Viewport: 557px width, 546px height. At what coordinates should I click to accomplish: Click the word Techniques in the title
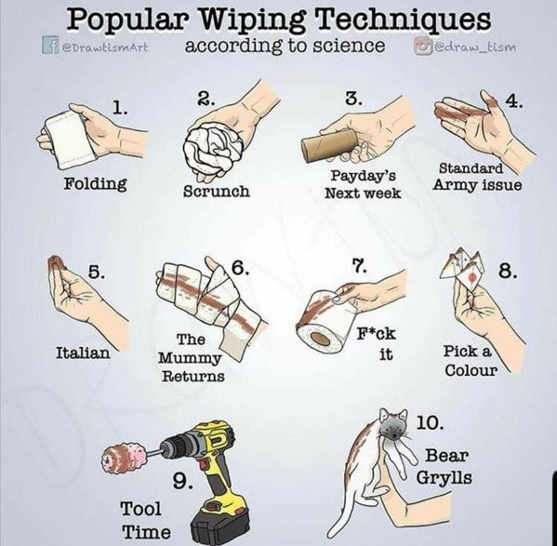coord(403,20)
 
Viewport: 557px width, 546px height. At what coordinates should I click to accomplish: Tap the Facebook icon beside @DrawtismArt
coord(49,46)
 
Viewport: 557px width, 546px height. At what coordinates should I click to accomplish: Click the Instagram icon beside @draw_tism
coord(419,46)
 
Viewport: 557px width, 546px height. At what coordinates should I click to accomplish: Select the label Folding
coord(95,184)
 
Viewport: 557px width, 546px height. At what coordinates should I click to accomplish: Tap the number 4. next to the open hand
coord(514,101)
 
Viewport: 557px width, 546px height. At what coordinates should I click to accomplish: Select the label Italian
coord(83,353)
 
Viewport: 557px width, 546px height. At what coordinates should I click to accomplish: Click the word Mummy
coord(190,358)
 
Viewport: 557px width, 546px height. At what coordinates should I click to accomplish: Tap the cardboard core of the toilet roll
coord(319,338)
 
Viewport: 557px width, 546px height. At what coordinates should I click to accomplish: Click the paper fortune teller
coord(462,269)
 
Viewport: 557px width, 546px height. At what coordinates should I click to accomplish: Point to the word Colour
coord(471,370)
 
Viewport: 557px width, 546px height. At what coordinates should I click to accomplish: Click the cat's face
coord(393,426)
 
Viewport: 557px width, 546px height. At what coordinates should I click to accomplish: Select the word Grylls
coord(444,477)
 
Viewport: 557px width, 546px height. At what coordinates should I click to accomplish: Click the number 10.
coord(430,422)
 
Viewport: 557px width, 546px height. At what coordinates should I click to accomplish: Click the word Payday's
coord(364,176)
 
